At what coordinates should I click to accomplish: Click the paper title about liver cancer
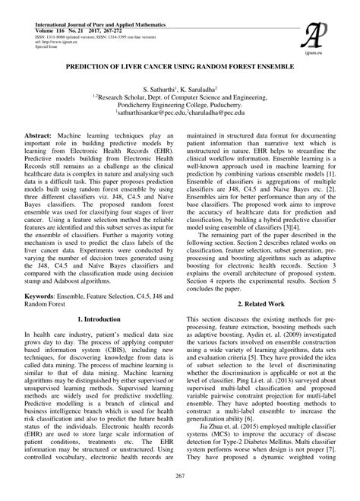(x=180, y=66)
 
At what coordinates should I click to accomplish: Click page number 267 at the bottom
(x=180, y=476)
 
